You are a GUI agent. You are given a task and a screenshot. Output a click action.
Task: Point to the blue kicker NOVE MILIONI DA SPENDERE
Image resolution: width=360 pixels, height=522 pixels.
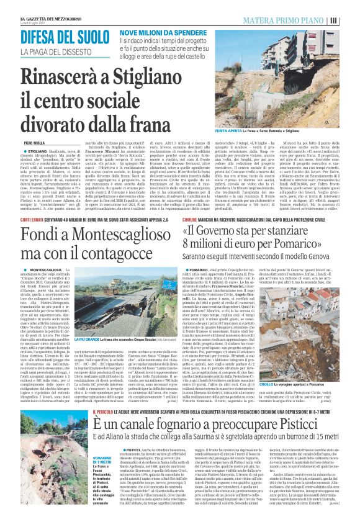(158, 31)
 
